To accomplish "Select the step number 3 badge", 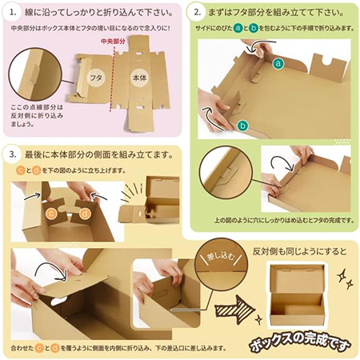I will [x=17, y=154].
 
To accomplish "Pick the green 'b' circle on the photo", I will [x=242, y=124].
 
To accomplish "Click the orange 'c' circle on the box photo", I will [x=50, y=213].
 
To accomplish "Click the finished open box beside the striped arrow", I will [x=295, y=292].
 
